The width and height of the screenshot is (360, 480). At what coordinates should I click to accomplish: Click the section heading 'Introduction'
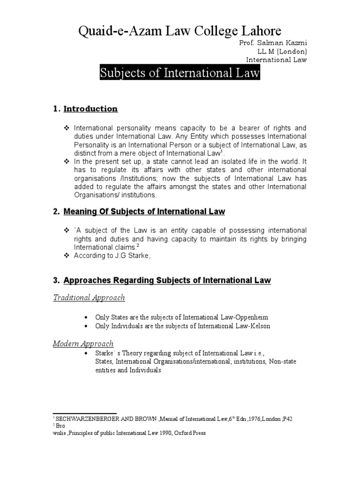point(90,109)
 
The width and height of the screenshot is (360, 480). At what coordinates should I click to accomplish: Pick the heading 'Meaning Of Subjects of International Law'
point(144,212)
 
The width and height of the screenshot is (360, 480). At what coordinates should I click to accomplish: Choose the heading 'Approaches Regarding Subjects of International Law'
point(167,281)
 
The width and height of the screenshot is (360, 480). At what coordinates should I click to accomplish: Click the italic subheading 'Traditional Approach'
point(89,298)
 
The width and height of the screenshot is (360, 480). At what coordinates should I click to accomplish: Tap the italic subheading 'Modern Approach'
point(83,344)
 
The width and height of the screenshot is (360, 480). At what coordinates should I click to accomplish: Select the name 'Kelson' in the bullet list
point(260,326)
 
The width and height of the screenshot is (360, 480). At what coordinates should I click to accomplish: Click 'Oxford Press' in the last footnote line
point(190,433)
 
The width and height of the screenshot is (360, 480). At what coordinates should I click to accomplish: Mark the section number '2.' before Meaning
point(56,212)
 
